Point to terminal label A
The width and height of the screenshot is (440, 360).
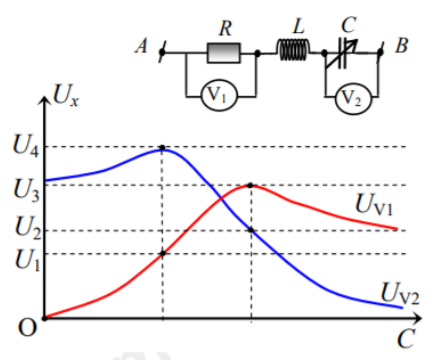click(x=142, y=46)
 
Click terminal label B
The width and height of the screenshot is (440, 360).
click(x=400, y=46)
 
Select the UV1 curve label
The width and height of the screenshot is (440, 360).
click(x=377, y=204)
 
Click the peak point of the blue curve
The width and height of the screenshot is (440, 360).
click(x=163, y=148)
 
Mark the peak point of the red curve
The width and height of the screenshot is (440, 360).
click(x=250, y=185)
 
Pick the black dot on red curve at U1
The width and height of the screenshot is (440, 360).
click(x=163, y=253)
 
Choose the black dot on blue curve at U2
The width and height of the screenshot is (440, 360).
click(x=250, y=231)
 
